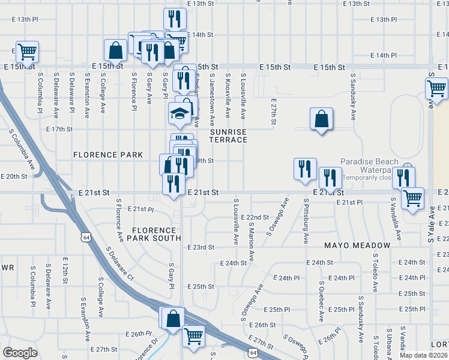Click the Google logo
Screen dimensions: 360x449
click(x=20, y=353)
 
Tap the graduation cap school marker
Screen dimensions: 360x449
click(x=178, y=112)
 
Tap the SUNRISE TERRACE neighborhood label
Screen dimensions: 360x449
click(x=228, y=135)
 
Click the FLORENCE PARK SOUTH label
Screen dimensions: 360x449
click(x=154, y=234)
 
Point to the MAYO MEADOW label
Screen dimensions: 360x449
click(x=357, y=245)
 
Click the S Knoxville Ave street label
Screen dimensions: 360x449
click(x=228, y=95)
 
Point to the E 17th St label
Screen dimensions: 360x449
click(x=59, y=129)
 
